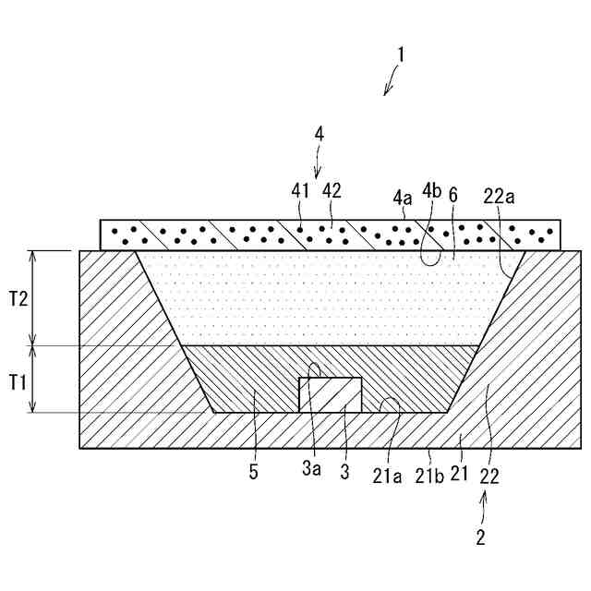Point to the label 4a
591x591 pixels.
tap(403, 196)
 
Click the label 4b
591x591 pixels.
tap(432, 193)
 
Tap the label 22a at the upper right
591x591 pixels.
tap(499, 196)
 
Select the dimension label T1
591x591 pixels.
tap(18, 379)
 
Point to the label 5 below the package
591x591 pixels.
tap(253, 474)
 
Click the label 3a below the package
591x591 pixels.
tap(312, 474)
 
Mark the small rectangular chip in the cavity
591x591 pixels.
tap(329, 394)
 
